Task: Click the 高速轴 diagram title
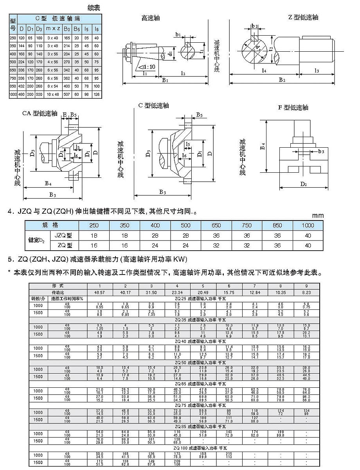coord(151,18)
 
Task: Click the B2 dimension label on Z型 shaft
coord(282,80)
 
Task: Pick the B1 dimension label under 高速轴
coord(165,80)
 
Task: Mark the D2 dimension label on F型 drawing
coord(303,183)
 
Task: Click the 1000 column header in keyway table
coord(308,225)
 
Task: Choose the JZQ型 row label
coord(62,235)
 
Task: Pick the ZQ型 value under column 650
coord(216,246)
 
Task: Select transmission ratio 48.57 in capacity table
coord(100,292)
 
